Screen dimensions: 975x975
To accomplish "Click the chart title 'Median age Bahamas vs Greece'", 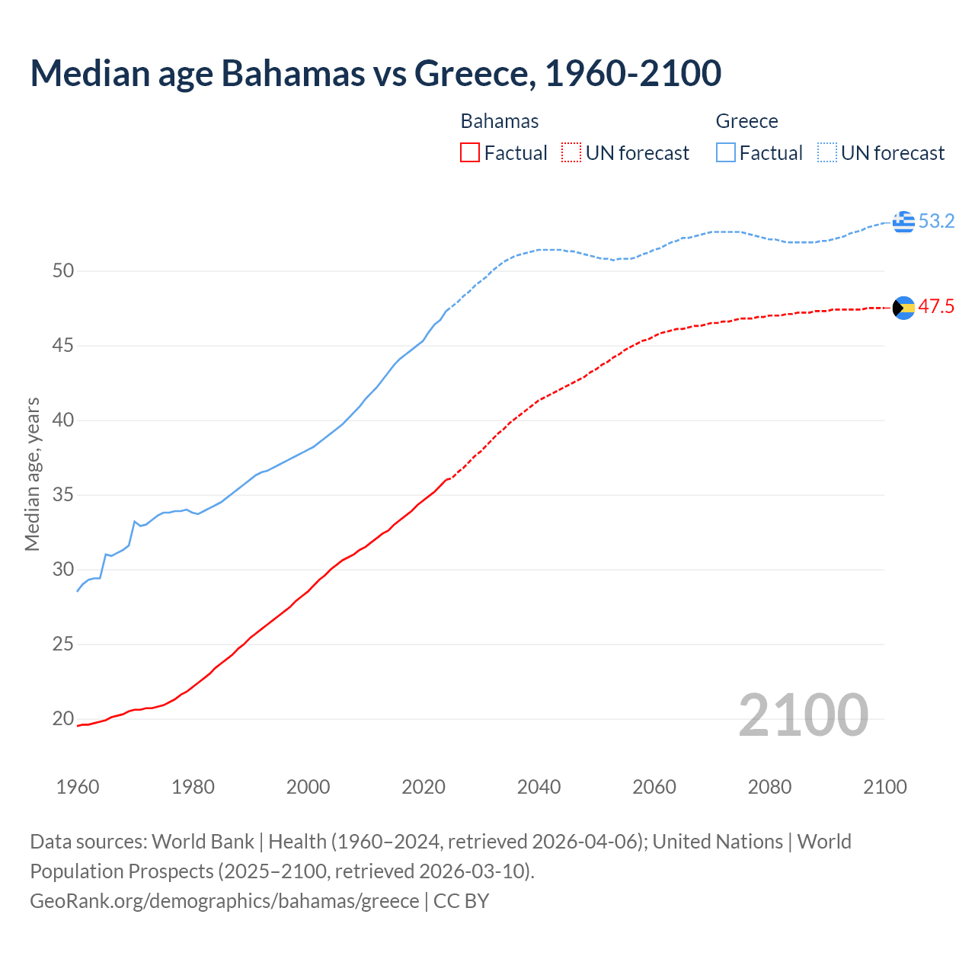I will tap(376, 74).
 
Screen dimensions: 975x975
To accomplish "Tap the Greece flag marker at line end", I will tap(903, 222).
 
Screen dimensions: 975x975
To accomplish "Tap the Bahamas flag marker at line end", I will tap(903, 308).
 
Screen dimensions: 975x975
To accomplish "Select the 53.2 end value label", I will tap(936, 222).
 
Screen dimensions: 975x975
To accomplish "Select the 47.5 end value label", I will tap(936, 307).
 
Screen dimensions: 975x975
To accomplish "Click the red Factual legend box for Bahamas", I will tap(470, 153).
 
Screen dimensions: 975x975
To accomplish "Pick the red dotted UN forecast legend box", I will tap(571, 153).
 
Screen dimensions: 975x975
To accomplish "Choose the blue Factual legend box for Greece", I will tap(726, 153).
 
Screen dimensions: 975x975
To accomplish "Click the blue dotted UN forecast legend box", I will tap(827, 153).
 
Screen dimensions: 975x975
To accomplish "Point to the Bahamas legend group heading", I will tap(500, 122).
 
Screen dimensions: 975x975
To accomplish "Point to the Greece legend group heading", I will tap(746, 122).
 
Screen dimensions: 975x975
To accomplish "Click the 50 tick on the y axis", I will tap(63, 271).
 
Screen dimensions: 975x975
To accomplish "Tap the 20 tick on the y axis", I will tap(63, 719).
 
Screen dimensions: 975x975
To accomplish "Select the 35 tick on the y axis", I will tap(63, 495).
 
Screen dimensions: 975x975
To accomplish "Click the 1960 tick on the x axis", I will tap(78, 787).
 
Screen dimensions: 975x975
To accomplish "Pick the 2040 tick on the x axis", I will tap(539, 787).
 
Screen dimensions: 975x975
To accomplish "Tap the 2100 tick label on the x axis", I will tap(884, 787).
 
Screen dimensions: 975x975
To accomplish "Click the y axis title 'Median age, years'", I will tap(32, 474).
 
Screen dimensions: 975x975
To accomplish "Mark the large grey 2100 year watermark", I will tap(803, 715).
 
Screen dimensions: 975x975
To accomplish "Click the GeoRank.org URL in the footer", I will tap(224, 901).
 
